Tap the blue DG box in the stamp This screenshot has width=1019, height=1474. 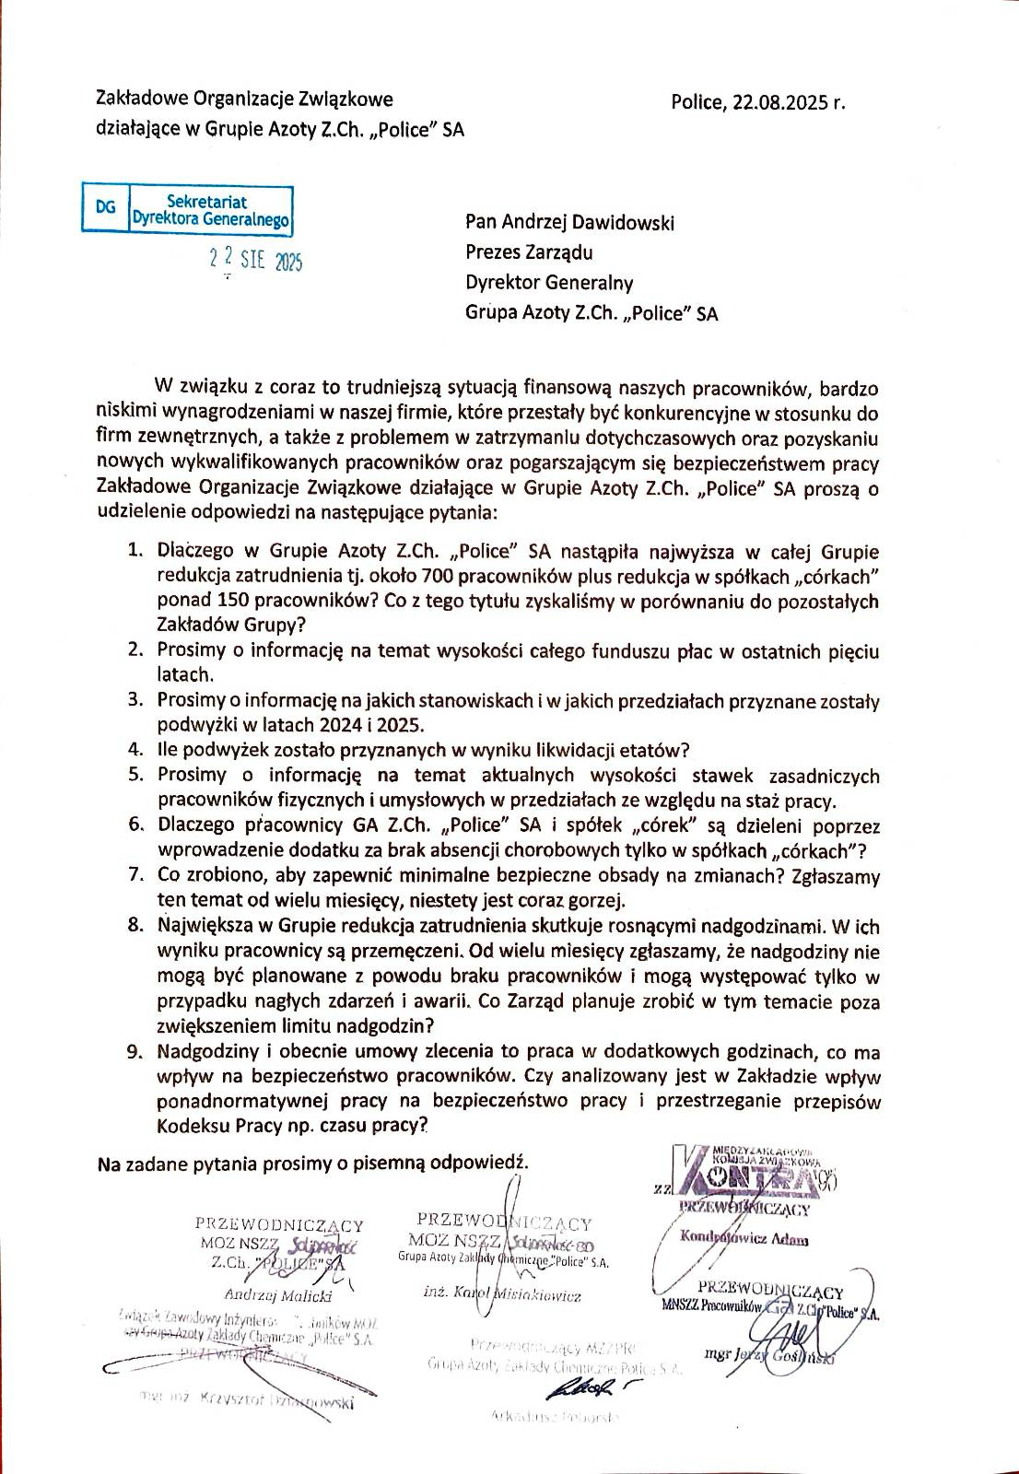click(x=106, y=209)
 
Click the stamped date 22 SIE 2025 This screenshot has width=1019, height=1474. click(x=255, y=261)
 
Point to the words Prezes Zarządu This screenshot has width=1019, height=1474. click(x=529, y=252)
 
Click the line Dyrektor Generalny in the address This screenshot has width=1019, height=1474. click(x=549, y=283)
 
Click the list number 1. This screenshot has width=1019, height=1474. click(x=135, y=552)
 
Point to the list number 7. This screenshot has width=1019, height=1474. click(x=135, y=875)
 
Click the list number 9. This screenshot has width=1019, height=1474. click(x=135, y=1051)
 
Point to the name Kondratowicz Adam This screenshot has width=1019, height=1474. click(x=744, y=1239)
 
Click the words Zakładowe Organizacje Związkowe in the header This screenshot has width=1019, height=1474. click(x=245, y=99)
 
